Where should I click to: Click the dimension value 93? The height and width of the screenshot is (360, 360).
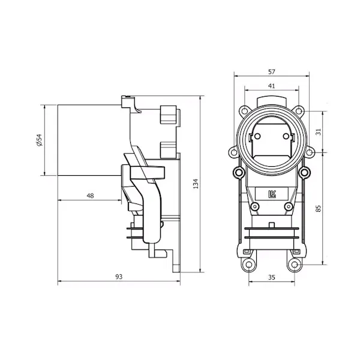(119, 277)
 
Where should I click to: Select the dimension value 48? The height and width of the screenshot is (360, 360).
(90, 196)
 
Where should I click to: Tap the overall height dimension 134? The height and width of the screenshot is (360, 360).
(196, 184)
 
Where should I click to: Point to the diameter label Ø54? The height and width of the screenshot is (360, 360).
(39, 140)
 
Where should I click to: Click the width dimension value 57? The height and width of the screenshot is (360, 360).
(272, 72)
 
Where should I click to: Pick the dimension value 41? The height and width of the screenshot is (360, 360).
(272, 86)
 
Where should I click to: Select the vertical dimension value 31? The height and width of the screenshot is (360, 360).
(318, 132)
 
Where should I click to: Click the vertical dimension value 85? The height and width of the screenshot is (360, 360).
(318, 208)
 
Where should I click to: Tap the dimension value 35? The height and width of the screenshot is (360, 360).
(272, 277)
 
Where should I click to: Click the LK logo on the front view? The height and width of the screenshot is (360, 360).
(272, 194)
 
